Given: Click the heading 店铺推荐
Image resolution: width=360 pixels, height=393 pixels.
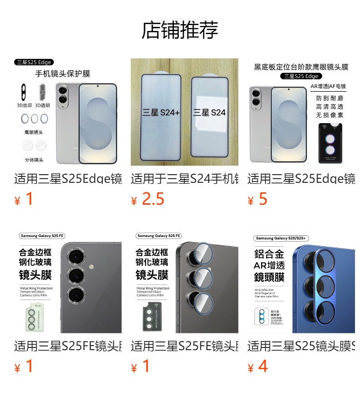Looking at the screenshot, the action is coord(180,30).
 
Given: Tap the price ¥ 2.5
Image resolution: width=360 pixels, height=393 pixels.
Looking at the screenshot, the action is coord(148,199).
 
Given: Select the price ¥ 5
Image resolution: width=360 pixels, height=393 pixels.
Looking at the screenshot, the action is coord(258,199).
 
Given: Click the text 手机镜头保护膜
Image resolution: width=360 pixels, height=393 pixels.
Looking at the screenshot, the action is coord(63,74).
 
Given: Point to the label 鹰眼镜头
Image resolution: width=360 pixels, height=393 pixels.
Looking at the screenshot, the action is coord(34,132).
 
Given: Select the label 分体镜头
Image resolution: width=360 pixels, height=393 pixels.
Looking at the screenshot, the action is coord(34,160).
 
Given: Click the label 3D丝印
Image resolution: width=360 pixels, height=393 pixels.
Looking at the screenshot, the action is coord(24,105).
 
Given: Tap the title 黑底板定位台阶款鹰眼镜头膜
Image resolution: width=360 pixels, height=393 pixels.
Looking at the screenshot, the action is coord(301,67).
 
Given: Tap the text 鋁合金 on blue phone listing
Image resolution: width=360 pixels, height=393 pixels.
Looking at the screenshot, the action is coord(269,254).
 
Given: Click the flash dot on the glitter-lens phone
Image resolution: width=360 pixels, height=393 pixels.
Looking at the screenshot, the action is coord(92,266).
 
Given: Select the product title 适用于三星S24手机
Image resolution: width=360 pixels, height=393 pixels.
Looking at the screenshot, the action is coord(184,179).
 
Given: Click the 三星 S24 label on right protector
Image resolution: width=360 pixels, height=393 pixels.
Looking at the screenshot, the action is coord(210,112).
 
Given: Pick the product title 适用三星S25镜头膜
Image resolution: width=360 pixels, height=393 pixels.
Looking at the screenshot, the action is coord(301,346).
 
